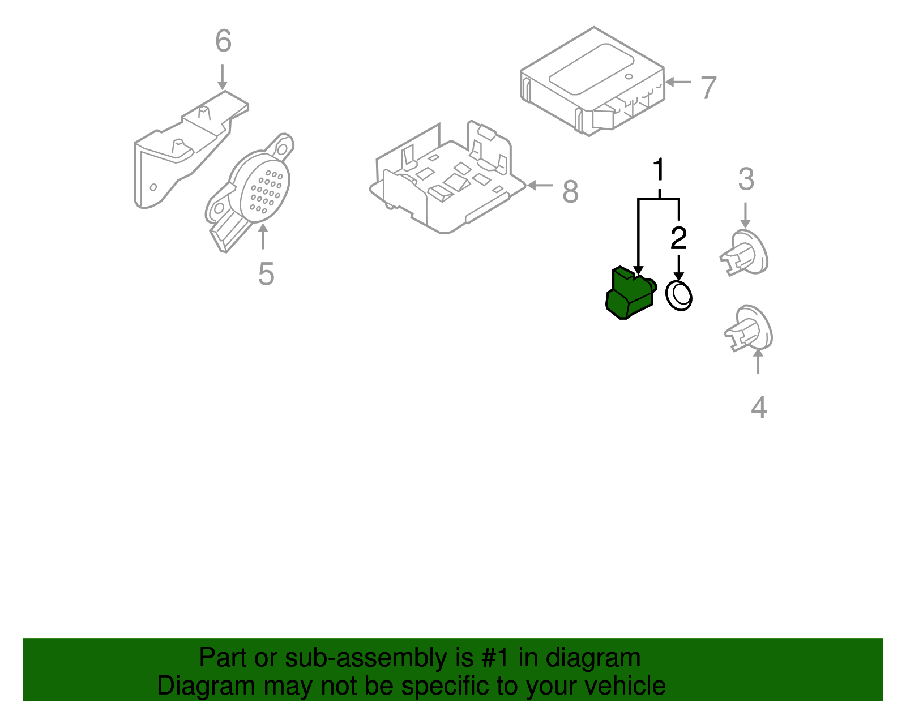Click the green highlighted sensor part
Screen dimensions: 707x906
[629, 294]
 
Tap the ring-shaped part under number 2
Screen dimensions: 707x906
[678, 295]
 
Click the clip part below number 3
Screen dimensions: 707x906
[744, 253]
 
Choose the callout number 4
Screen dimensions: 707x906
[759, 408]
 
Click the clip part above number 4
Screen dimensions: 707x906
[749, 329]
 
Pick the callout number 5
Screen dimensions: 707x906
[266, 274]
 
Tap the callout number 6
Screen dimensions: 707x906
[223, 41]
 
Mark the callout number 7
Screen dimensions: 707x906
[708, 88]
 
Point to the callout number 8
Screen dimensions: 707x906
[570, 191]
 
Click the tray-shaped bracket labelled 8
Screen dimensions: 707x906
[447, 181]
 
